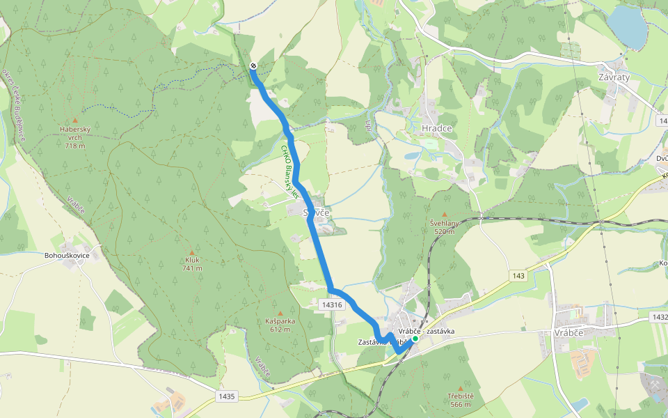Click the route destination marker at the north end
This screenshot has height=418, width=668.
pos(253,65)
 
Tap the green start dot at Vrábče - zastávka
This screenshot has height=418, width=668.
pos(415,339)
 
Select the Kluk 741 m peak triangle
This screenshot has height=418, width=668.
pos(192,252)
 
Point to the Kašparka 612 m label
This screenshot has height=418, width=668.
pos(280,325)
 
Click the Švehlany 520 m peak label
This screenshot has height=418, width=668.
pos(444,227)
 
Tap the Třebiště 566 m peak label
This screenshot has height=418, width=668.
pos(461,400)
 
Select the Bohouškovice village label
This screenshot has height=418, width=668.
pos(67,256)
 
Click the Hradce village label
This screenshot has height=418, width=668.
pos(437,129)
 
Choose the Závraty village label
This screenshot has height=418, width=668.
pos(614,77)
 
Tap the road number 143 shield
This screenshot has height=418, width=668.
pos(518,277)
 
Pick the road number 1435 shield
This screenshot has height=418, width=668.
pos(227,396)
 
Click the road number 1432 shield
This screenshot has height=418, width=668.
pos(659,317)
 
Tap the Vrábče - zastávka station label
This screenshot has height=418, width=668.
pos(427,331)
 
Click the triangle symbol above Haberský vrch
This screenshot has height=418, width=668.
pos(75,120)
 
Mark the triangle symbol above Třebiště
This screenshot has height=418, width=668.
pos(461,388)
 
